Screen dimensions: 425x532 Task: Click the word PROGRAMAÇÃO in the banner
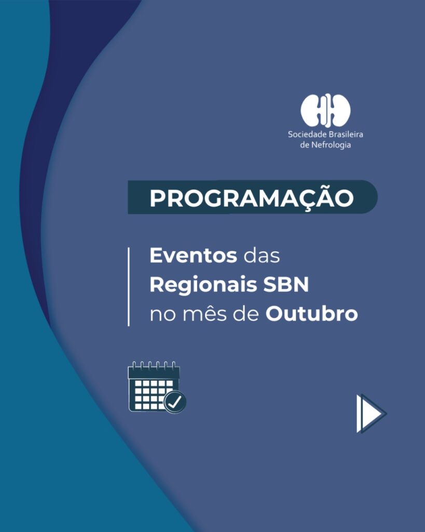(x=252, y=197)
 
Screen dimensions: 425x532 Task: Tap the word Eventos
(x=193, y=255)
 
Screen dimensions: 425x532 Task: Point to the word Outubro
(x=311, y=313)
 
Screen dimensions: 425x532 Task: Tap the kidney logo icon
(x=325, y=110)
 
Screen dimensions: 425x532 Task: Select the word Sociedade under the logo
(x=308, y=134)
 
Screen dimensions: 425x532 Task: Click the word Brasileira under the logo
(x=346, y=134)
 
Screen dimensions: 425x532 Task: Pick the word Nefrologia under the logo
(x=331, y=145)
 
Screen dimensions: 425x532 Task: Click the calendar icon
(x=157, y=387)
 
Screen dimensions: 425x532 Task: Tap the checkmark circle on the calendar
(x=175, y=402)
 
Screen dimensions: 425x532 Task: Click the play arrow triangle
(x=372, y=413)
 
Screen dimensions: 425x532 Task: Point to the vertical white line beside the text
(x=129, y=287)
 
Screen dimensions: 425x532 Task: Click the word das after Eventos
(x=262, y=255)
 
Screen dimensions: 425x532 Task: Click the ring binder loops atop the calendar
(x=154, y=366)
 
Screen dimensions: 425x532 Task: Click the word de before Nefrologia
(x=305, y=145)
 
